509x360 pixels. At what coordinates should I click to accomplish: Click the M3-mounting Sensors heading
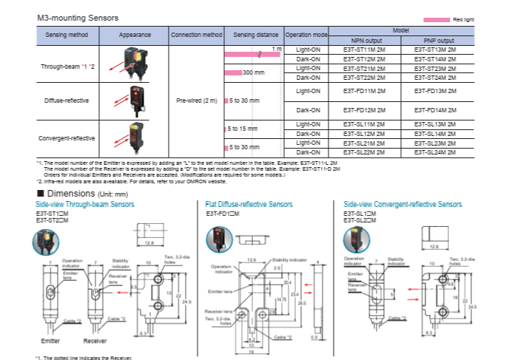[77, 16]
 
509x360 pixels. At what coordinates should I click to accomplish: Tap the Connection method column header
[196, 35]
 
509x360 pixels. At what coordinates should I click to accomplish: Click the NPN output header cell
[365, 40]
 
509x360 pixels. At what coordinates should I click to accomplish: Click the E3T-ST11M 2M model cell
[365, 49]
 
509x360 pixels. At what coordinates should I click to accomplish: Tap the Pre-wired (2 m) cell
[196, 101]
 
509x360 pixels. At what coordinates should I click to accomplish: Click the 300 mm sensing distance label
[253, 72]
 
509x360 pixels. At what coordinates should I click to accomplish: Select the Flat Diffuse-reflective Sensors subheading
[249, 204]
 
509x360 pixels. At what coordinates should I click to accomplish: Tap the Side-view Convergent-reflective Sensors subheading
[403, 204]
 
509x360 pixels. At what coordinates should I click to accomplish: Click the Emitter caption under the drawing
[50, 341]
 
